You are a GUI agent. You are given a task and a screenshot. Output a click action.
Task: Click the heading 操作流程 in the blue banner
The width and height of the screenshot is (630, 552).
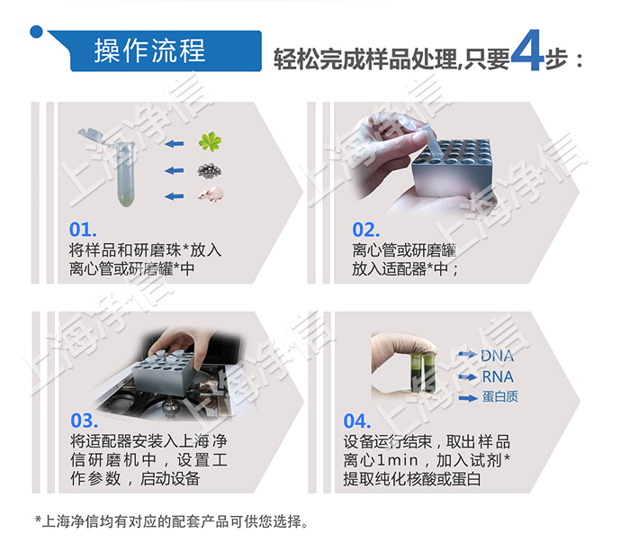coord(150,50)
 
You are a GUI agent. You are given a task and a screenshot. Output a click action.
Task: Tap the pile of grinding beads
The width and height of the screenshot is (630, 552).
coord(211,169)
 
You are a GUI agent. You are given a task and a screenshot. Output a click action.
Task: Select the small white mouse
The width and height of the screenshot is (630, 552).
coord(211,195)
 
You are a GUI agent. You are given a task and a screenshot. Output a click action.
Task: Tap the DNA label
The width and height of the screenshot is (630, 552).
coord(498,356)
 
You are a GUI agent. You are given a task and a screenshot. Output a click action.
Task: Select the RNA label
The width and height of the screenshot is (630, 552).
coord(498,376)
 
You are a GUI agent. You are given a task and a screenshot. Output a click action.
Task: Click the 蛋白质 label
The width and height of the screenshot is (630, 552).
coord(500,397)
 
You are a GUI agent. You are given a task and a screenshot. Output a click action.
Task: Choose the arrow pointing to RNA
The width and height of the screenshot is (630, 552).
coord(467,377)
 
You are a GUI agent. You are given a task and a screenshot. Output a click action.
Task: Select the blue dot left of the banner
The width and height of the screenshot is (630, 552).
coord(36,32)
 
